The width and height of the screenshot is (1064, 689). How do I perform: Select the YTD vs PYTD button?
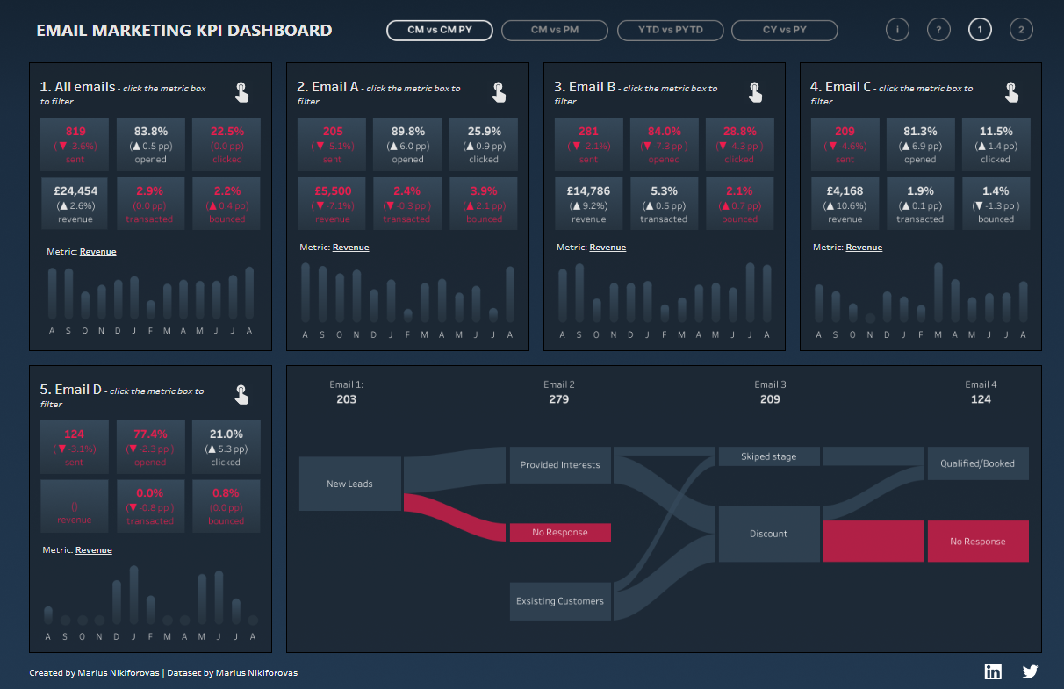[671, 31]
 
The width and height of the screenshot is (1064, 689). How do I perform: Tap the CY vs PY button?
[784, 31]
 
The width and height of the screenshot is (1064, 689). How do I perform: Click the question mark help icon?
[938, 30]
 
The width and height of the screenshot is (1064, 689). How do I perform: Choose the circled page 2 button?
[1021, 30]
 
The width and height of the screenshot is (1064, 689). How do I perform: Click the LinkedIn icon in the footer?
[993, 671]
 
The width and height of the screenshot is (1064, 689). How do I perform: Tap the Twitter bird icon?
[1030, 671]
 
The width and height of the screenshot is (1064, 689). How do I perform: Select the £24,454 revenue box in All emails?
[75, 204]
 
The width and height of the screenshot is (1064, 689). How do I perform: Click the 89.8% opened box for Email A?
[407, 144]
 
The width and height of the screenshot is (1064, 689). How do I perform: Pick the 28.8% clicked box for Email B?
[739, 144]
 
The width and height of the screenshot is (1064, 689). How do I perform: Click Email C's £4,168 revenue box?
[845, 204]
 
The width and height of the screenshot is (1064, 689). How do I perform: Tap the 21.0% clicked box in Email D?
[226, 447]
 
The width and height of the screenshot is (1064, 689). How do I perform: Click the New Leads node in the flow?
[350, 484]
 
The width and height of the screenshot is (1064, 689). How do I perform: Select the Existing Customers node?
[560, 601]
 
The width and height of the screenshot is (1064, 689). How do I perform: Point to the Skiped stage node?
[769, 456]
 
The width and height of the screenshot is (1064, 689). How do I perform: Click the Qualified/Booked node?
[977, 463]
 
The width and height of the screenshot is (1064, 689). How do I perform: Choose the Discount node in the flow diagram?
[769, 534]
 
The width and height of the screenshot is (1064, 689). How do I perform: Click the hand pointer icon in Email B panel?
[754, 91]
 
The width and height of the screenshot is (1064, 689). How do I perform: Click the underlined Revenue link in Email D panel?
[94, 550]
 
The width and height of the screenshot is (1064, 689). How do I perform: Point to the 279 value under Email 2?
[559, 399]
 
